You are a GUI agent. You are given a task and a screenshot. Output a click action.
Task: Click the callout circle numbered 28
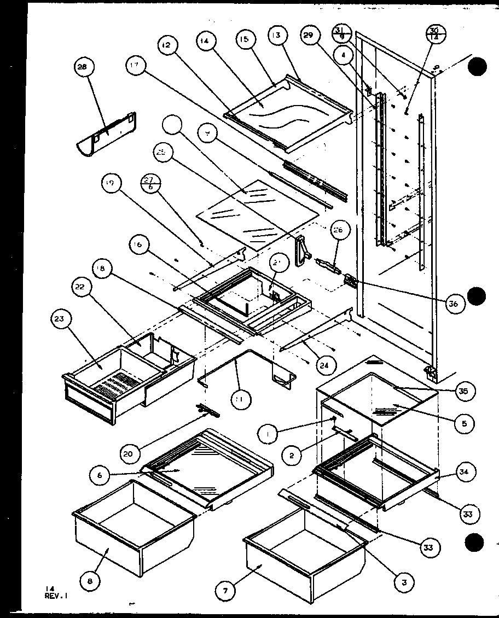[x=84, y=68]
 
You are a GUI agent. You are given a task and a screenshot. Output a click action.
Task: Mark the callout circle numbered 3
[x=404, y=583]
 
